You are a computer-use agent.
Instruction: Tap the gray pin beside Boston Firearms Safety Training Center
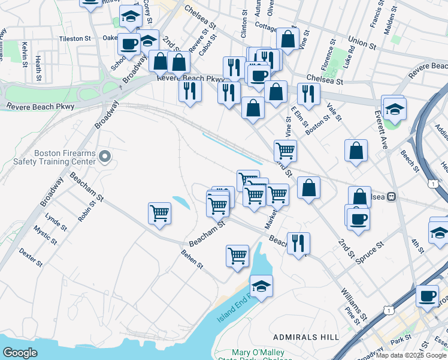click(x=105, y=157)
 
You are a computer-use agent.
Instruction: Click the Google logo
click(x=20, y=352)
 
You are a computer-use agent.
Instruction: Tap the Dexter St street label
click(x=31, y=259)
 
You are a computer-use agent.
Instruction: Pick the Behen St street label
click(x=193, y=260)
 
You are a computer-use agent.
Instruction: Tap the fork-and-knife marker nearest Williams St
click(x=298, y=244)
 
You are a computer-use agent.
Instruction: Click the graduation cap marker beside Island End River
click(x=261, y=287)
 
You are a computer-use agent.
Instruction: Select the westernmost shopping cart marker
click(x=159, y=214)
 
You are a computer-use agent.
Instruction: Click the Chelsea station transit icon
click(x=392, y=196)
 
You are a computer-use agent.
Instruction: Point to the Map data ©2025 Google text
click(x=411, y=355)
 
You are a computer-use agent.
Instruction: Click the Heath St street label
click(x=38, y=69)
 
